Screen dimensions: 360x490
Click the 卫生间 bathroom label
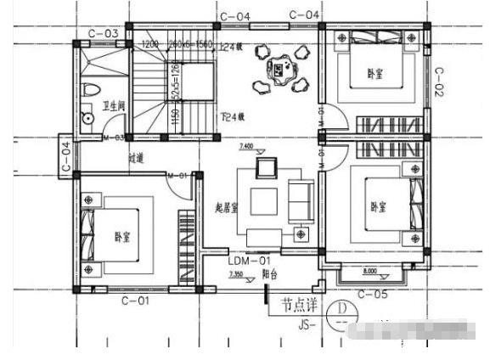point(114,106)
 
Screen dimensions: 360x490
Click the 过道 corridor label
point(136,157)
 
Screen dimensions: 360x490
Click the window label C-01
point(135,301)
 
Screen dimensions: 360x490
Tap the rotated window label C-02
point(440,82)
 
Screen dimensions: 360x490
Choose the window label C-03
point(104,34)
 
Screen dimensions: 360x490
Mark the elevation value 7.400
point(246,146)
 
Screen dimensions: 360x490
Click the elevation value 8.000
point(370,272)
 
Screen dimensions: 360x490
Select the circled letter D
point(341,310)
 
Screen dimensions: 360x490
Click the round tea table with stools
point(279,70)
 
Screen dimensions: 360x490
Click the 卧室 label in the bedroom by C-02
point(375,74)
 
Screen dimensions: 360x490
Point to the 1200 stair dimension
point(150,42)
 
